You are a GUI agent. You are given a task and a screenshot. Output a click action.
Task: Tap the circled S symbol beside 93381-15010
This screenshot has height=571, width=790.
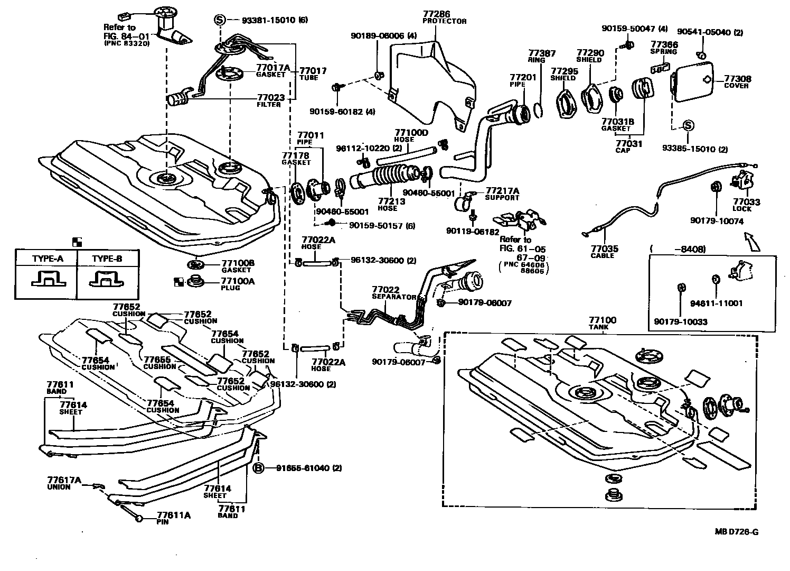(x=220, y=20)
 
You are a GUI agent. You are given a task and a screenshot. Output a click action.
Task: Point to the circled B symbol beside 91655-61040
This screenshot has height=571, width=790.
(x=258, y=468)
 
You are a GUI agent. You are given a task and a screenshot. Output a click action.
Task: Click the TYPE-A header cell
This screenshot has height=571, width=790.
(x=47, y=259)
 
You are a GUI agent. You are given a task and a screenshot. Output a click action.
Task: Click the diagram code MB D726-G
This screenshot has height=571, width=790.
(x=737, y=532)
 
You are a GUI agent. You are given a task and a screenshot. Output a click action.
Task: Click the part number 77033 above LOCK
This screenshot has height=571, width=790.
(x=746, y=201)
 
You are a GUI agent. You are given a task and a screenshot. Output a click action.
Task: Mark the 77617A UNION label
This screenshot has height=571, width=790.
(x=64, y=483)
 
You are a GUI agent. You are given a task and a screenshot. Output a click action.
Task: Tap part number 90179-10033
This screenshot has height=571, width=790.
(x=680, y=321)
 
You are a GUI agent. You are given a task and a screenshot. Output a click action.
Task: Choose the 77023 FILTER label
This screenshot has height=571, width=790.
(x=271, y=100)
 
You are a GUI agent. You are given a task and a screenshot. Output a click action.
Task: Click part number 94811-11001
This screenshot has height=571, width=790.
(x=716, y=303)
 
